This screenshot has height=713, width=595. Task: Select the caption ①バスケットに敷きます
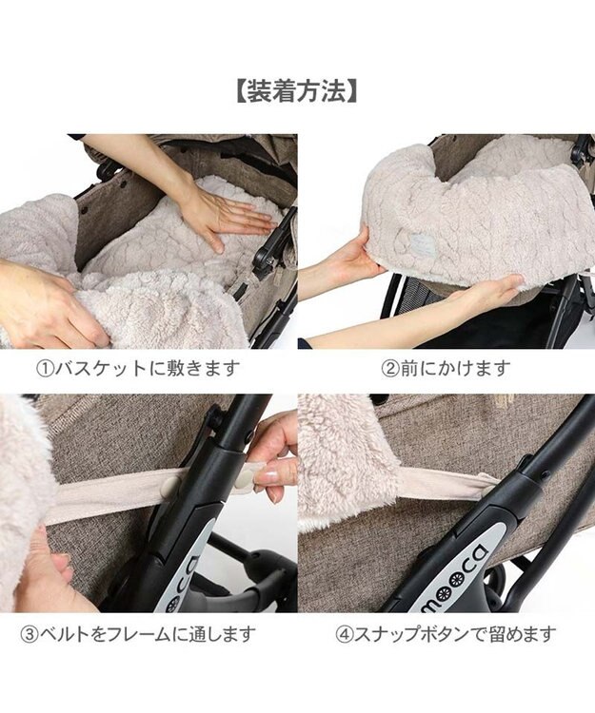[x=137, y=368]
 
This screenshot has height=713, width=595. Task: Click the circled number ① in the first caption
[x=45, y=368]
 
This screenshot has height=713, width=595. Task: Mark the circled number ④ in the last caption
[x=344, y=634]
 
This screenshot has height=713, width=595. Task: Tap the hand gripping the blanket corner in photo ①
[x=48, y=299]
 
